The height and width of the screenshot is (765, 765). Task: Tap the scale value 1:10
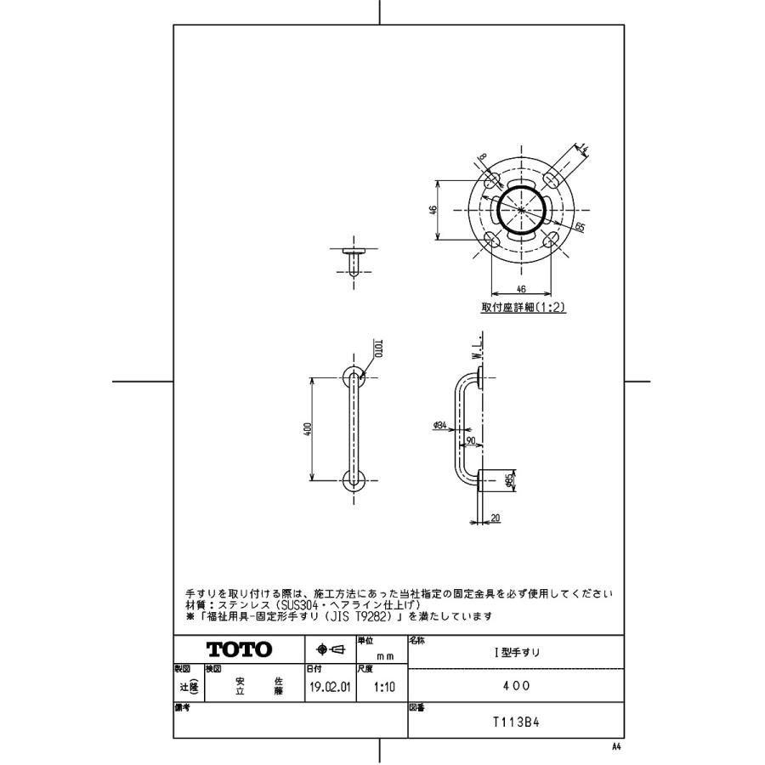(x=380, y=687)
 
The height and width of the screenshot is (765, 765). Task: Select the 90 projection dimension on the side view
(x=470, y=440)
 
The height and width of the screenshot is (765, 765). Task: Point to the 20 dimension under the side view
(x=496, y=518)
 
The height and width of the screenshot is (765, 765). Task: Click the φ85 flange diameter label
(x=507, y=482)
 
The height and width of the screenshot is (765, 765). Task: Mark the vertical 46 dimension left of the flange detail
(x=433, y=210)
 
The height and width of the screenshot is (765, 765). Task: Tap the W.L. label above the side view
(x=480, y=345)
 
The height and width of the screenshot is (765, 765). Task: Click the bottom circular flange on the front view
(x=354, y=479)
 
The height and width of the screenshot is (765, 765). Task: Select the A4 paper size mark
(x=615, y=744)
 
